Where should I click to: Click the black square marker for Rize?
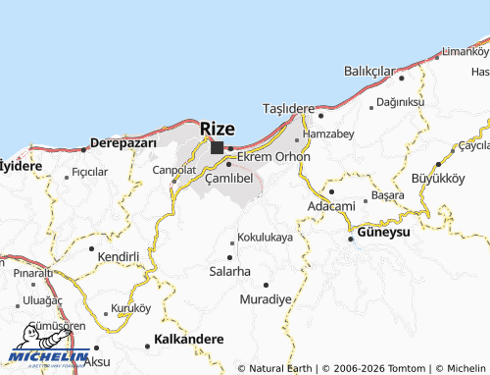[x=217, y=148]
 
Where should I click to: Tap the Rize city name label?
[x=218, y=129]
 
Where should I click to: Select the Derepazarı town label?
[x=123, y=142]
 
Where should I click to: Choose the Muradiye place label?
[x=266, y=297]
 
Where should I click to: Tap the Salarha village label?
[x=230, y=270]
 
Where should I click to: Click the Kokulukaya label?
[x=266, y=238]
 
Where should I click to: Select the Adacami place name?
[x=331, y=206]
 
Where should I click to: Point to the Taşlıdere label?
[x=289, y=107]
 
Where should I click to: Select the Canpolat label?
[x=175, y=169]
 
